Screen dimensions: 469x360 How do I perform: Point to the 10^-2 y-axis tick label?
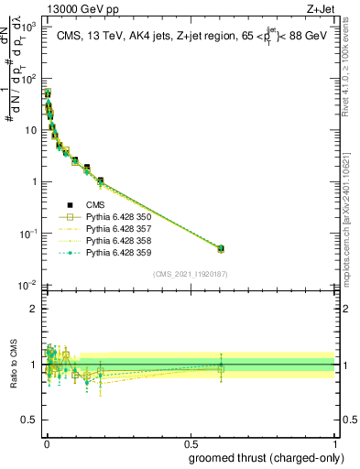(27, 286)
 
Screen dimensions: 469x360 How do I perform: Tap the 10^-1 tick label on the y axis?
(27, 234)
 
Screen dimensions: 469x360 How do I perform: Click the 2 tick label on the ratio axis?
(33, 309)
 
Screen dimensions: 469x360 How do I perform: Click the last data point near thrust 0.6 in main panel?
(220, 248)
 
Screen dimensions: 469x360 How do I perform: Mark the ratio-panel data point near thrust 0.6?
(220, 365)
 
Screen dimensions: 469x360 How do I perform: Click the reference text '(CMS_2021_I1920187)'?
(190, 273)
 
